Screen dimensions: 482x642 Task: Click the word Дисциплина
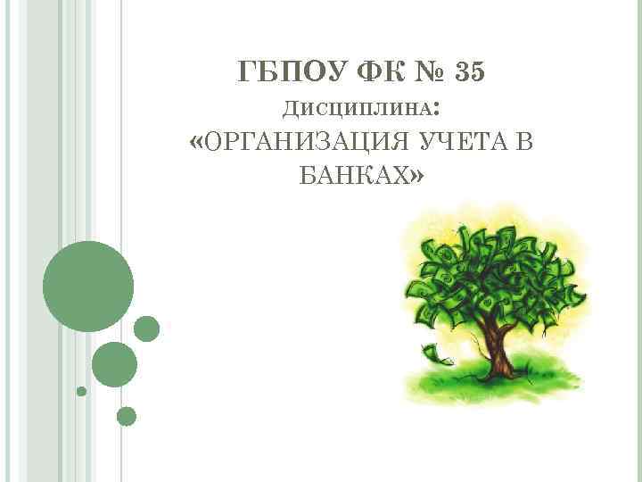[357, 109]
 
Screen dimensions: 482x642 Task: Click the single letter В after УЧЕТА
[523, 142]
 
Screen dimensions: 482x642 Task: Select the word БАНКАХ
[350, 176]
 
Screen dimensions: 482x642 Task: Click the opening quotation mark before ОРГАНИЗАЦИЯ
[197, 142]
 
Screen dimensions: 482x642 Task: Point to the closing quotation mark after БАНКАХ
[417, 176]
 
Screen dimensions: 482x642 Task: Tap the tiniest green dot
[81, 391]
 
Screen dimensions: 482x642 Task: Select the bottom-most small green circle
[127, 416]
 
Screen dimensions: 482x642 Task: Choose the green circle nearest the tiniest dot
[114, 364]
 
